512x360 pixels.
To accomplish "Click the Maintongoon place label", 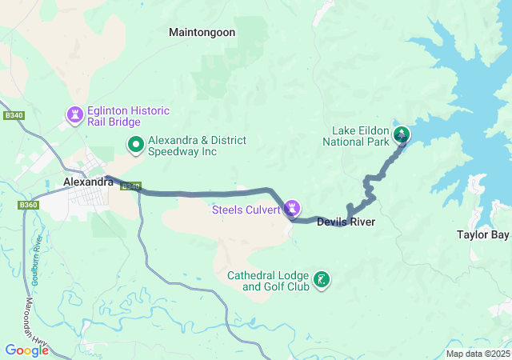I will (x=202, y=32).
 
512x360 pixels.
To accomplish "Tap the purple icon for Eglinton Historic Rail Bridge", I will (x=75, y=116).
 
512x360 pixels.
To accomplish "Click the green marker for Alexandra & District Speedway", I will (x=136, y=145).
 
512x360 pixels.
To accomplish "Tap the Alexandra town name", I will (x=88, y=182).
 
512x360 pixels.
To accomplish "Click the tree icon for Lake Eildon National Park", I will (x=400, y=134).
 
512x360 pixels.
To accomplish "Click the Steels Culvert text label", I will (x=246, y=210).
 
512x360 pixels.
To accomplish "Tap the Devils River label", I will (x=346, y=222).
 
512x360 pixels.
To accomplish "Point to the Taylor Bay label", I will (x=482, y=235).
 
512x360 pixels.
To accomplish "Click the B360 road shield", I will (x=28, y=206).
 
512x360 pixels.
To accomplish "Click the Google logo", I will (x=26, y=350).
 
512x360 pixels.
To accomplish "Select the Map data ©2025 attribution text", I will (x=477, y=354).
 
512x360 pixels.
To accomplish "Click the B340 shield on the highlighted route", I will (x=131, y=186).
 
